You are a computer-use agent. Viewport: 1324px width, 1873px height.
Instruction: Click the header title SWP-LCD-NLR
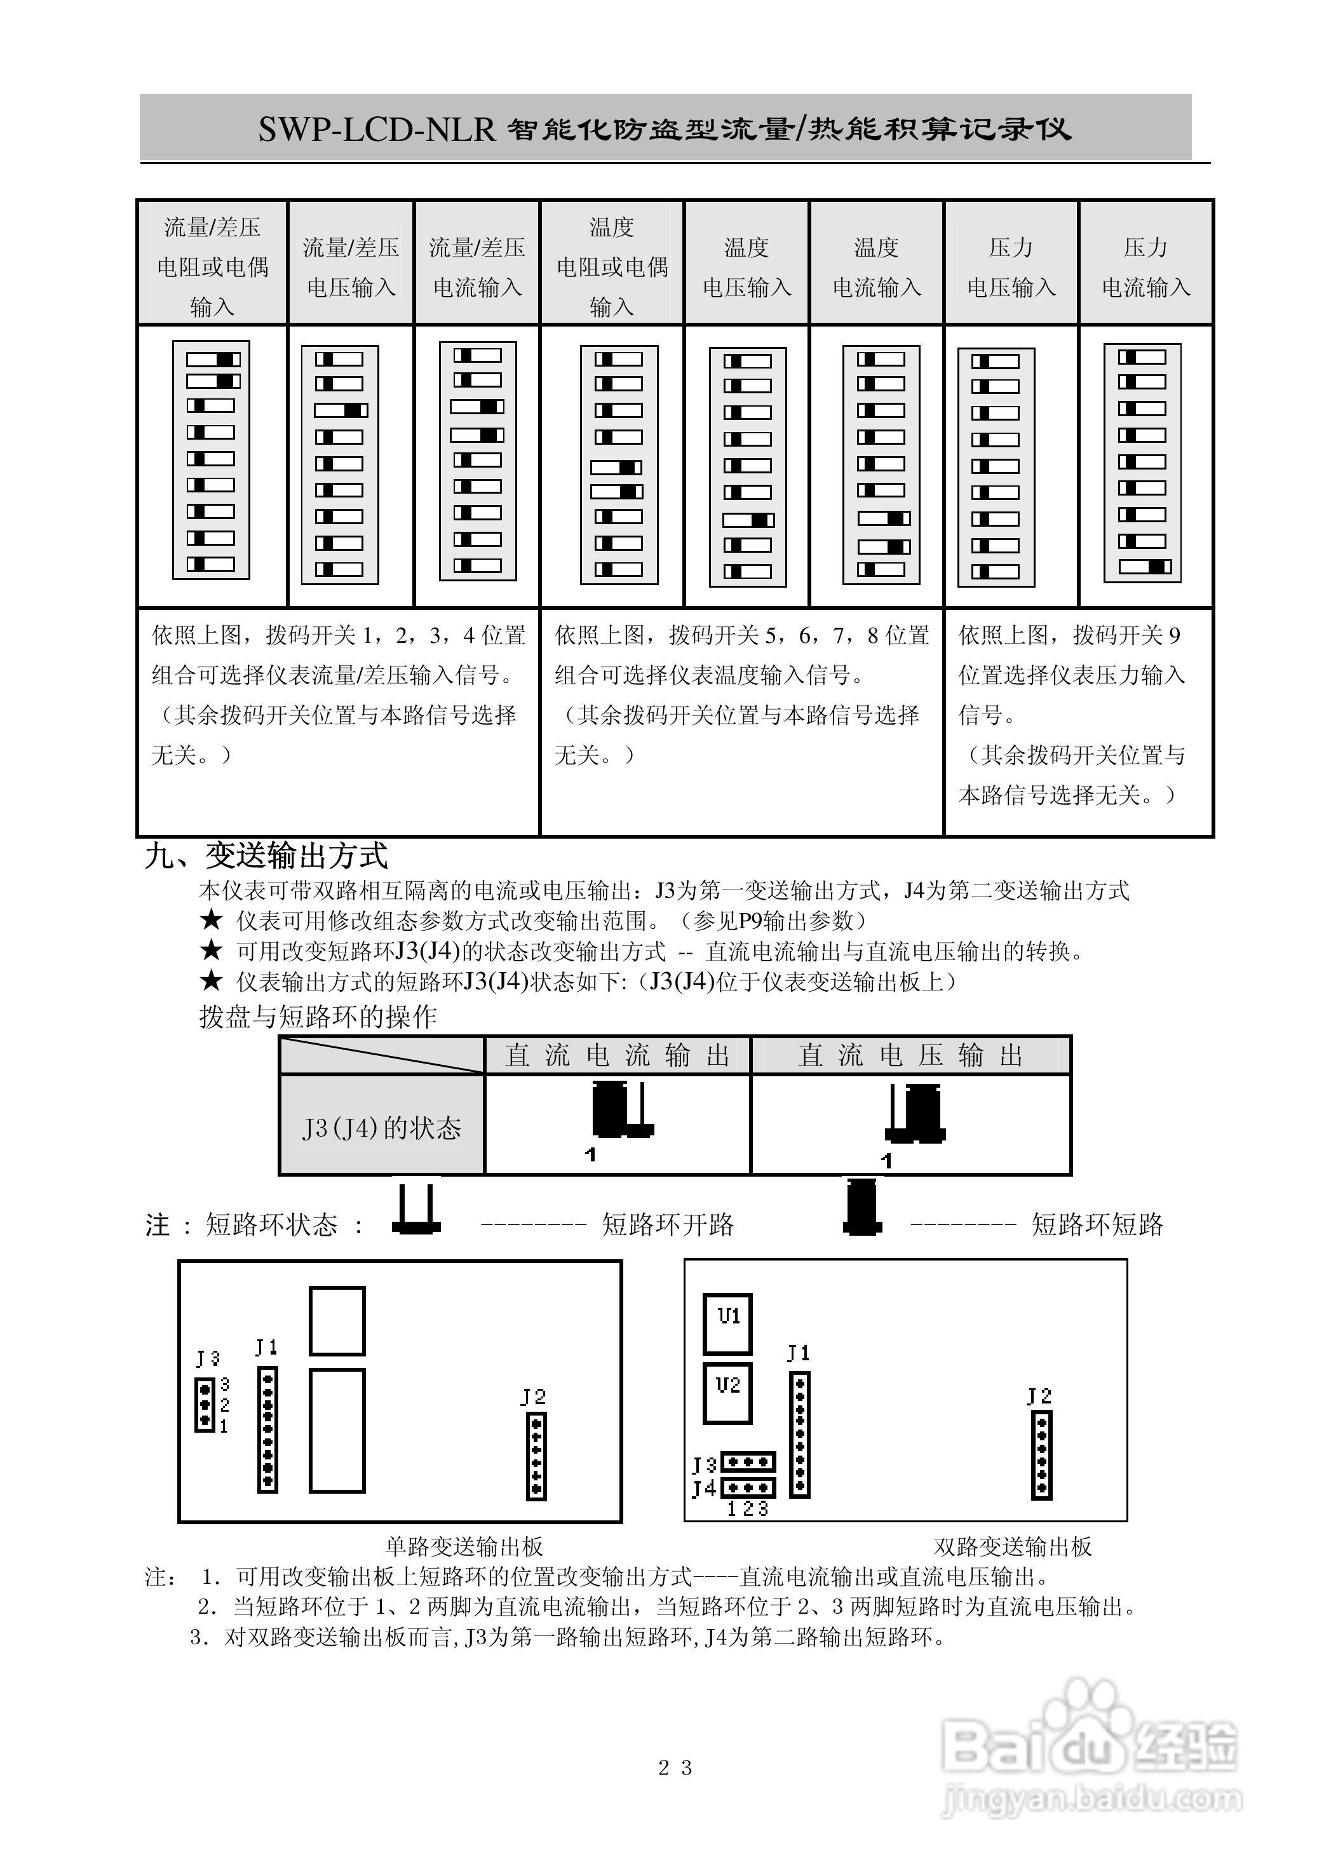(x=377, y=130)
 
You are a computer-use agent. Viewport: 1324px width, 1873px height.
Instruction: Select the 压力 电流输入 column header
(x=1145, y=267)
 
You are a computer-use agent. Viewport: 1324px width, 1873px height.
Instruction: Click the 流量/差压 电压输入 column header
(x=351, y=267)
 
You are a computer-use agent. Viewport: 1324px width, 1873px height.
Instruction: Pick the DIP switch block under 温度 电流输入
(x=881, y=465)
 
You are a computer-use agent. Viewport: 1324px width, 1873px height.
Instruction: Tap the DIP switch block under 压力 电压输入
(x=996, y=468)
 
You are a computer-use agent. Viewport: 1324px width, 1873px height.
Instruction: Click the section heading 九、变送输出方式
(x=266, y=856)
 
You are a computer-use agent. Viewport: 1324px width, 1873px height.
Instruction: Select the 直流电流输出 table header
(x=617, y=1055)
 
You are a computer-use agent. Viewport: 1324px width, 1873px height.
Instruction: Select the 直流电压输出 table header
(x=910, y=1055)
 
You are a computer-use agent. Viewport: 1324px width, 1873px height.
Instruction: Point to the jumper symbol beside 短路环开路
(x=417, y=1210)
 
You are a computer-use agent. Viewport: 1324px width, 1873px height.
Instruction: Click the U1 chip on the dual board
(x=727, y=1316)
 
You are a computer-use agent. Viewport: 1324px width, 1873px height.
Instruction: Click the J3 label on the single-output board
(x=208, y=1358)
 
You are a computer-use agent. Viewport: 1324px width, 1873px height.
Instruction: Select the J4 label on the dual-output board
(x=704, y=1488)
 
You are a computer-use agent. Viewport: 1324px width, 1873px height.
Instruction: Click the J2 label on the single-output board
(x=534, y=1397)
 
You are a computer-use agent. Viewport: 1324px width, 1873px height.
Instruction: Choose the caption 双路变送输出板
(x=1012, y=1546)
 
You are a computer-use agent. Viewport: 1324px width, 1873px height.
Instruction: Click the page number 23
(x=675, y=1768)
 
